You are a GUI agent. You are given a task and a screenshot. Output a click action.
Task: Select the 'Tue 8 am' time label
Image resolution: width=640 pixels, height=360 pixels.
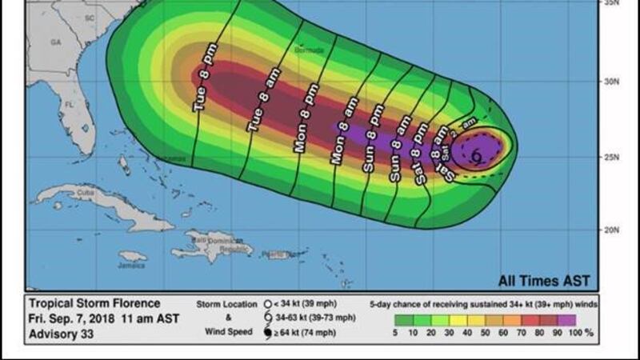click(x=256, y=107)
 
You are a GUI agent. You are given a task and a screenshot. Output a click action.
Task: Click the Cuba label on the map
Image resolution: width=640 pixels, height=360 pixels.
click(x=64, y=192)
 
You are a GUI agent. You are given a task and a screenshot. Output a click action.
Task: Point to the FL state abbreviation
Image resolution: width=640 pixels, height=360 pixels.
click(x=69, y=105)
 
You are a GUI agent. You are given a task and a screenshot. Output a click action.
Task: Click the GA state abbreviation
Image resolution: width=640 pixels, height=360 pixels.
click(x=55, y=41)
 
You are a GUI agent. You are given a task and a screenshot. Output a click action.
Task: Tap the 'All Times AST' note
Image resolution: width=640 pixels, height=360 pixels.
click(x=544, y=281)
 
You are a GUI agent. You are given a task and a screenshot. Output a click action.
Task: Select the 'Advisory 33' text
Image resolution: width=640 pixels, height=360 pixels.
click(x=61, y=333)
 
